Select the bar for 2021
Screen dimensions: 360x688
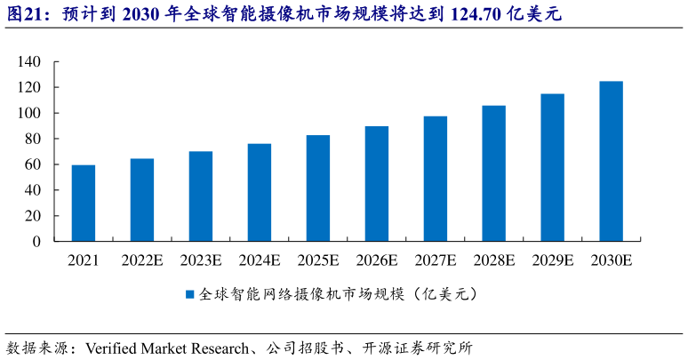(x=84, y=203)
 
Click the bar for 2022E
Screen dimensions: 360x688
(x=142, y=200)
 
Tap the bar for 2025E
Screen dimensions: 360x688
(x=318, y=188)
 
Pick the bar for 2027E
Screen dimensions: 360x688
(x=436, y=179)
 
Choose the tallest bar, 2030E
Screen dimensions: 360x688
(x=612, y=161)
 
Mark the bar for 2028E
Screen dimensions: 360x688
(x=494, y=173)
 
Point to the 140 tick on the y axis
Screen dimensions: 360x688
(x=29, y=62)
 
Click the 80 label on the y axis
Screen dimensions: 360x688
(x=33, y=139)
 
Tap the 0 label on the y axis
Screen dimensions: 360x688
(x=37, y=241)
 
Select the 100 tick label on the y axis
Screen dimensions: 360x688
(x=29, y=114)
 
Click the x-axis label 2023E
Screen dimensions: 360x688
(x=201, y=260)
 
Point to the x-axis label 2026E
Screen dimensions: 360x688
(x=377, y=260)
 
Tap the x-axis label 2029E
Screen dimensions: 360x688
(x=553, y=260)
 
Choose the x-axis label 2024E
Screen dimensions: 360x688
(x=260, y=260)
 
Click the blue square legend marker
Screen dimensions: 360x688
(x=189, y=294)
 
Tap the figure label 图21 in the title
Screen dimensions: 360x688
(x=23, y=15)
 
